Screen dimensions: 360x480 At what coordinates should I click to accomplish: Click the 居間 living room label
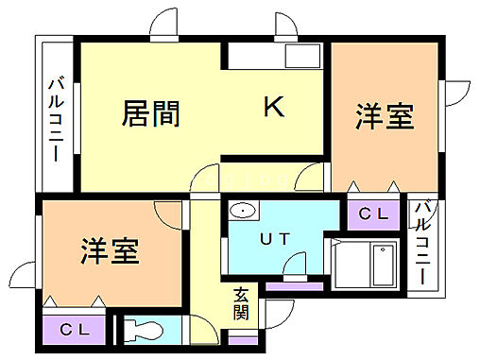(x=152, y=114)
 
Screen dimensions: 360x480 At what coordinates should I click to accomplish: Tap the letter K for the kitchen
(x=273, y=108)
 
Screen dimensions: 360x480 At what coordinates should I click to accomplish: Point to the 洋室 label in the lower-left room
(x=111, y=251)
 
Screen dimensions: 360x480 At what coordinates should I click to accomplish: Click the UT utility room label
(x=276, y=240)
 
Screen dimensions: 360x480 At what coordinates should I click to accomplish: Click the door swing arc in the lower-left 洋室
(x=171, y=214)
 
